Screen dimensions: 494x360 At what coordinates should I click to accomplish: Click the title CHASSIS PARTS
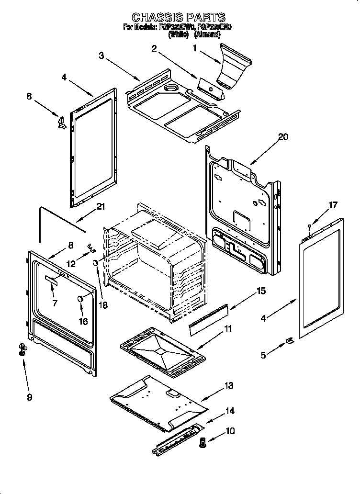(179, 18)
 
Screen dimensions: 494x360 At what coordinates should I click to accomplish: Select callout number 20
(283, 137)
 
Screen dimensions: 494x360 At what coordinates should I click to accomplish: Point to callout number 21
(101, 207)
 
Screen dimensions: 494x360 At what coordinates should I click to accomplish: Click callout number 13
(229, 385)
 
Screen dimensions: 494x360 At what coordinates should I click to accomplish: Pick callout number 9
(30, 397)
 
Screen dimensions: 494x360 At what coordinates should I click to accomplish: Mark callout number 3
(101, 56)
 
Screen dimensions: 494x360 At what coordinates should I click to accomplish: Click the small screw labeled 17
(310, 225)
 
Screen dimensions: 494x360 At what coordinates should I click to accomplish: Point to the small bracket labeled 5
(290, 340)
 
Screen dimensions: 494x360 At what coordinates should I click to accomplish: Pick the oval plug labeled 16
(80, 299)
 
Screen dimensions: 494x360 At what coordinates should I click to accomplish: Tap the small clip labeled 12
(90, 247)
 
